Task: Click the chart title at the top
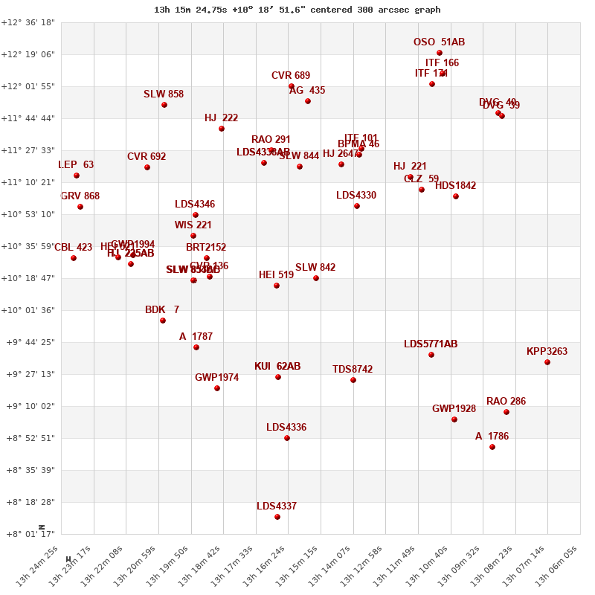pos(297,10)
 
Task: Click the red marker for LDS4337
pos(277,517)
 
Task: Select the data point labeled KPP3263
pos(547,362)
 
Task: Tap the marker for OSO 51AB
pos(440,53)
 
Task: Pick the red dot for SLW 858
pos(164,105)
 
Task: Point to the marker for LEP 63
pos(77,176)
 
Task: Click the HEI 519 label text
pos(276,275)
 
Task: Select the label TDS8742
pos(353,370)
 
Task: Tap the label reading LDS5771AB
pos(431,344)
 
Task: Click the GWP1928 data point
pos(454,419)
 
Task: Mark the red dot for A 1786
pos(492,447)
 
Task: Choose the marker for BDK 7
pos(163,321)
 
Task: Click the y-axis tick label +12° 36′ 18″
pos(28,22)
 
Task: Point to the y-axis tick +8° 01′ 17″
pos(28,534)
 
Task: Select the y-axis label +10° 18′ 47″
pos(28,278)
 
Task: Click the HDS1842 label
pos(455,186)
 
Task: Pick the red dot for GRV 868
pos(80,207)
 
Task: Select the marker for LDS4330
pos(357,206)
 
